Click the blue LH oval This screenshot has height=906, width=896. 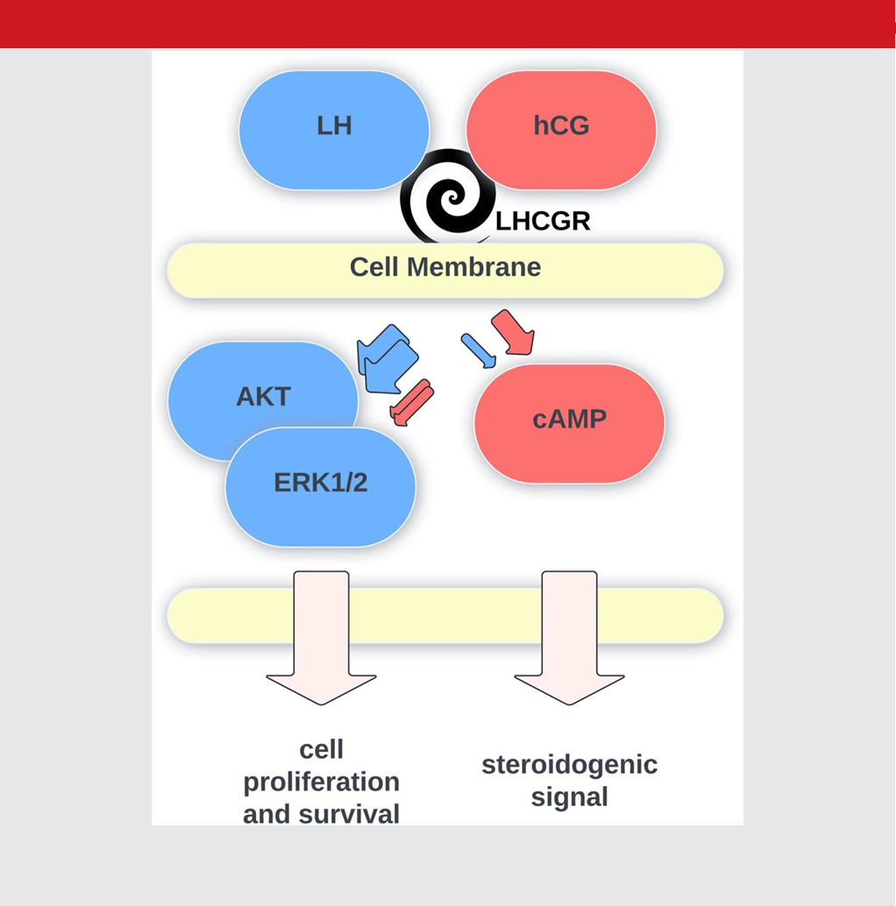coord(334,130)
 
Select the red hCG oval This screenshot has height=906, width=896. coord(561,130)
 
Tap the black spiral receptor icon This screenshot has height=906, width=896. coord(448,196)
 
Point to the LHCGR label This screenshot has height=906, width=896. coord(543,222)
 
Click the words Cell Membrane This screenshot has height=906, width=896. coord(445,267)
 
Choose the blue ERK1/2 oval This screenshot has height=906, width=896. coord(321,487)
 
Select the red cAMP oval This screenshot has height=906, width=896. coord(569,423)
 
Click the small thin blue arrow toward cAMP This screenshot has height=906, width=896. coord(479,350)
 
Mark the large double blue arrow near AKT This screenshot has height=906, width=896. coord(387,359)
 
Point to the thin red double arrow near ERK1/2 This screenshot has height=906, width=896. coord(411,403)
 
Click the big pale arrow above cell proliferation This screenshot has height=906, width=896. coord(322,638)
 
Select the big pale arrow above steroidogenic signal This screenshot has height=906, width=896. coord(569,638)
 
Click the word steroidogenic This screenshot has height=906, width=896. coord(569,766)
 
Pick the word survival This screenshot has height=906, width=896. coord(349,814)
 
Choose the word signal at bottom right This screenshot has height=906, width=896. coord(569,798)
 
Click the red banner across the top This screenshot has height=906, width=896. coord(448,24)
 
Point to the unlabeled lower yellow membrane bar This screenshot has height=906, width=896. coord(445,616)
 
